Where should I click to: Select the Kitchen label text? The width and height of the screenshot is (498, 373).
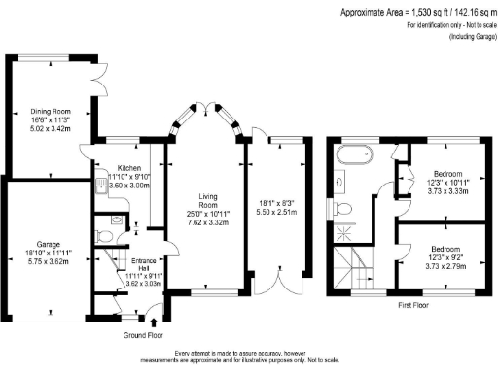click(129, 167)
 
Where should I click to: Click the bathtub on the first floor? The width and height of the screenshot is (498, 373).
click(355, 155)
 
